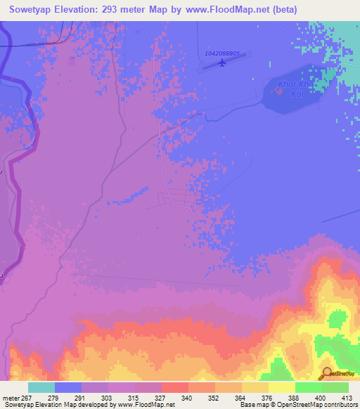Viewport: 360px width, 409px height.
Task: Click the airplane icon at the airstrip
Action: click(x=223, y=64)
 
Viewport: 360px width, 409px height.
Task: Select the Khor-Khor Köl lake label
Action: click(x=294, y=90)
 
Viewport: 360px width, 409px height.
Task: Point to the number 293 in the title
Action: click(x=122, y=9)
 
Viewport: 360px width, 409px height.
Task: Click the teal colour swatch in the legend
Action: click(x=41, y=387)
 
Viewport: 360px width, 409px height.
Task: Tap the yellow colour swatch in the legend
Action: click(x=281, y=387)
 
